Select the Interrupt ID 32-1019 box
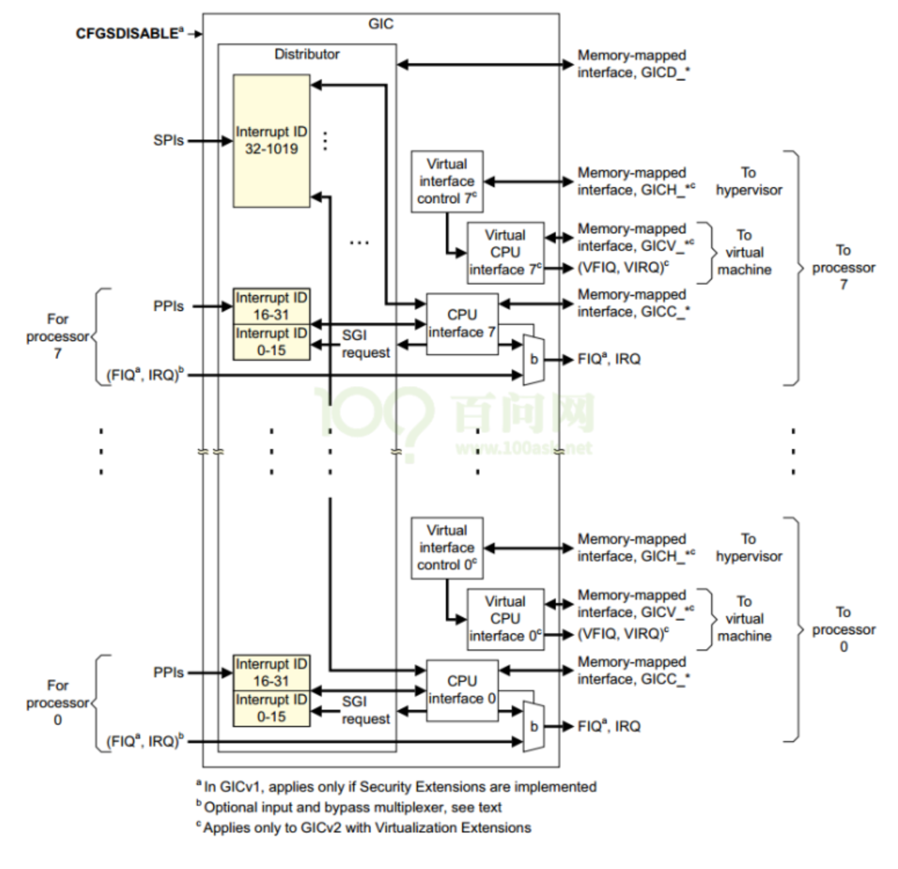click(271, 141)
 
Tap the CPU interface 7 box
click(462, 324)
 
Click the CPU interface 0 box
click(462, 690)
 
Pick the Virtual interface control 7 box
click(447, 181)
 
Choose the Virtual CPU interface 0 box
click(505, 619)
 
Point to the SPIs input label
click(168, 140)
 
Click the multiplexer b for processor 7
click(533, 360)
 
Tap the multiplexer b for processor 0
click(533, 726)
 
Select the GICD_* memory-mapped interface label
click(633, 64)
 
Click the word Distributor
click(307, 54)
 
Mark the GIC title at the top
click(380, 24)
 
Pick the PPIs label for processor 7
click(168, 306)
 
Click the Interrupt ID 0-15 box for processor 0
click(271, 708)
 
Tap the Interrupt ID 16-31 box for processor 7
click(271, 306)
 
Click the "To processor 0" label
click(843, 629)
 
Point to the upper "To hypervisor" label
click(749, 181)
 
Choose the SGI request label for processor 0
click(365, 710)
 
